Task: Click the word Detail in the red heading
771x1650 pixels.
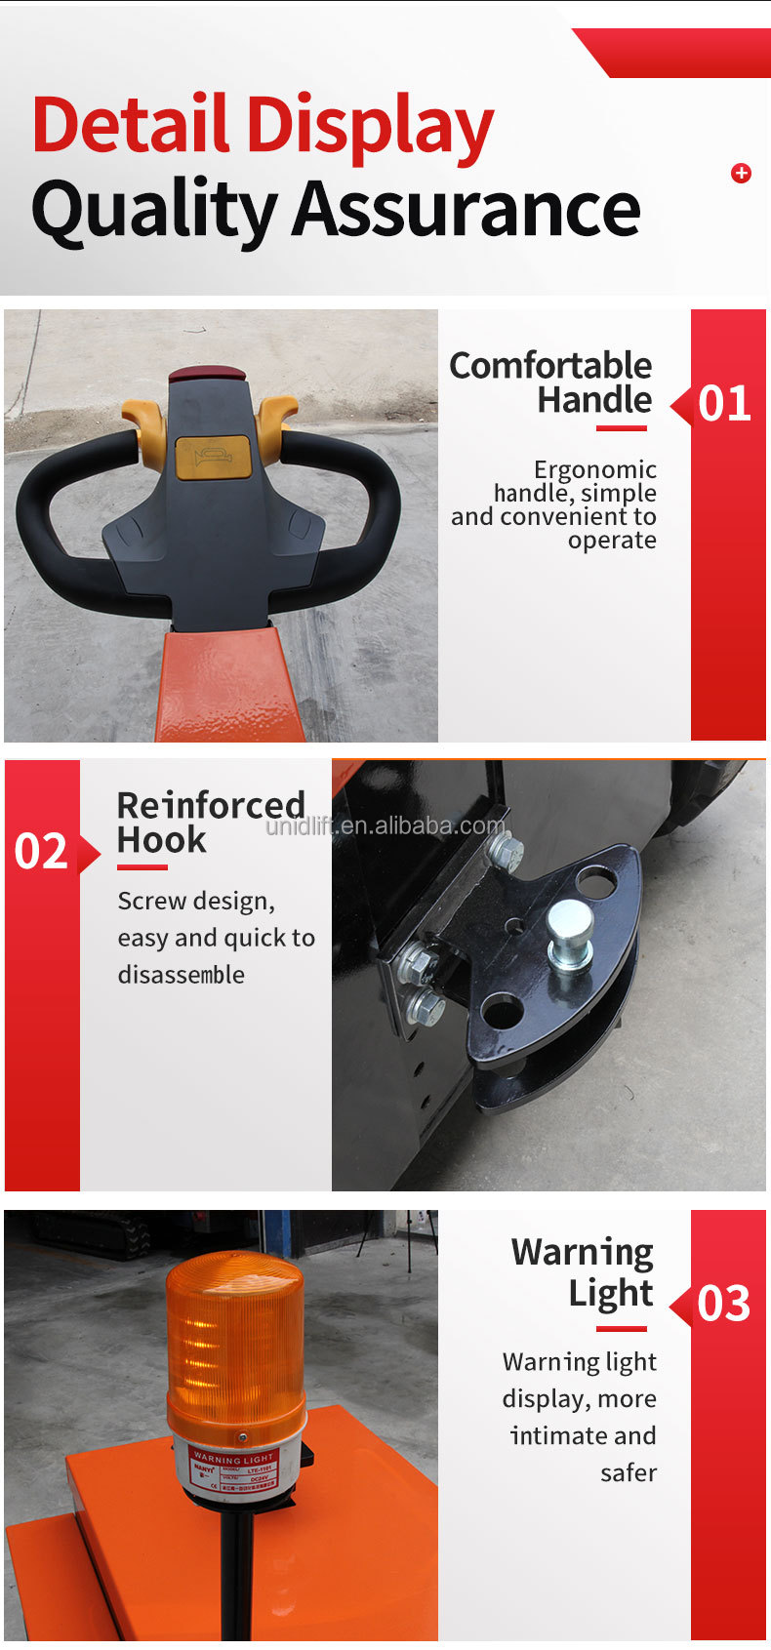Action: [132, 125]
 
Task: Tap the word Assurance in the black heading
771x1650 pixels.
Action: [467, 209]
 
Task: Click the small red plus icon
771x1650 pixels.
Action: [741, 174]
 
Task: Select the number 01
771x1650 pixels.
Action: [724, 404]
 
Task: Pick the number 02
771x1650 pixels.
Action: [41, 852]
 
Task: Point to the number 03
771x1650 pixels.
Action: [724, 1305]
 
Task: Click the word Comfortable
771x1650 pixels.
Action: [550, 366]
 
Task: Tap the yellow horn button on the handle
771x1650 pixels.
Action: [213, 457]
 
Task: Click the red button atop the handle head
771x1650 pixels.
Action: [206, 374]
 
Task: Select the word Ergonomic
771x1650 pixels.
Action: [594, 469]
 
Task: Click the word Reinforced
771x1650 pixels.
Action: [211, 805]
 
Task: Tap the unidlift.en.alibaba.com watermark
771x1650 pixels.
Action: [386, 826]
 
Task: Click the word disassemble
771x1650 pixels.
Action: [182, 975]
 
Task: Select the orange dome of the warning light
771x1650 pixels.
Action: [234, 1337]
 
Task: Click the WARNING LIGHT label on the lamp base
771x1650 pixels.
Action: [233, 1459]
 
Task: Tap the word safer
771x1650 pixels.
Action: [628, 1472]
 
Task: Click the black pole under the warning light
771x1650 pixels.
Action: [234, 1581]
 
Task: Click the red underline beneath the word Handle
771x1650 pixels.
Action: [622, 427]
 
